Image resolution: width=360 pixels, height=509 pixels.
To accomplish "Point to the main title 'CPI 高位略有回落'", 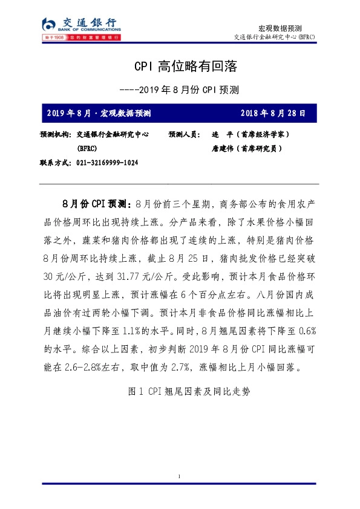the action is (x=180, y=65).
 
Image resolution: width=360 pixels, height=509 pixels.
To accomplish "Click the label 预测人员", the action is (x=184, y=134).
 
